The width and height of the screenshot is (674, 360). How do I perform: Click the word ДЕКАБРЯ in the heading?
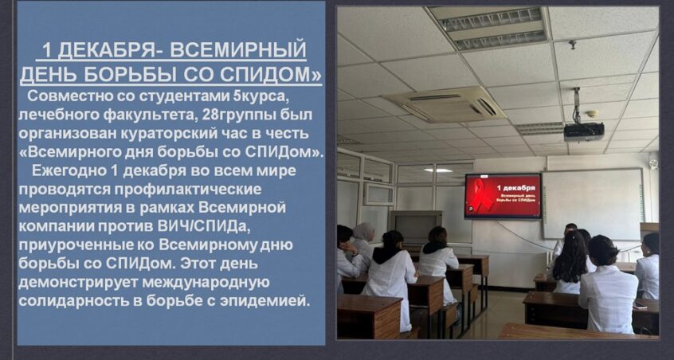[x=105, y=50]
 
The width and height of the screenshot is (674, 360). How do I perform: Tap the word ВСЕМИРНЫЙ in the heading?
[x=238, y=50]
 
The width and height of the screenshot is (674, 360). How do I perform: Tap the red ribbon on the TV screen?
[x=480, y=194]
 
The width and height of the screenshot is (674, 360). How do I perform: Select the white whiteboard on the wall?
[x=594, y=204]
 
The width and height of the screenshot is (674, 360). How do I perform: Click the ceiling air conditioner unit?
[x=444, y=104]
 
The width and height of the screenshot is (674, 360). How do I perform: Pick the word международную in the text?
[x=206, y=282]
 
